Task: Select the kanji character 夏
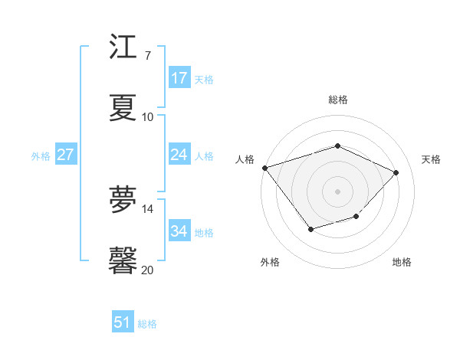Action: click(x=123, y=107)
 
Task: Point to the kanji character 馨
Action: click(x=123, y=260)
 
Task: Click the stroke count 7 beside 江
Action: click(x=147, y=56)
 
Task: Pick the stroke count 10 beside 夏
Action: click(x=147, y=117)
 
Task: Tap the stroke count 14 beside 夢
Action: click(x=147, y=208)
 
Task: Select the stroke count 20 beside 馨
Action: click(x=147, y=270)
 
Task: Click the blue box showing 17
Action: click(x=179, y=78)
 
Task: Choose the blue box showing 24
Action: click(x=179, y=155)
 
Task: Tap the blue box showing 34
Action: click(x=179, y=231)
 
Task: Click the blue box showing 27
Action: click(x=65, y=155)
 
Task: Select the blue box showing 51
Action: click(x=123, y=322)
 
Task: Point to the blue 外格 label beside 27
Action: click(x=41, y=156)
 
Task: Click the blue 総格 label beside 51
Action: click(x=147, y=324)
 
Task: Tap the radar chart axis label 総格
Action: click(x=337, y=100)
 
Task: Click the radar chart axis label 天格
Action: click(x=431, y=159)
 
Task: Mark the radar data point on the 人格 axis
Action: click(x=264, y=168)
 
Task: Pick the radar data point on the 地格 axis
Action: click(x=356, y=217)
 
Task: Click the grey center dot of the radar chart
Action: click(x=337, y=191)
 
